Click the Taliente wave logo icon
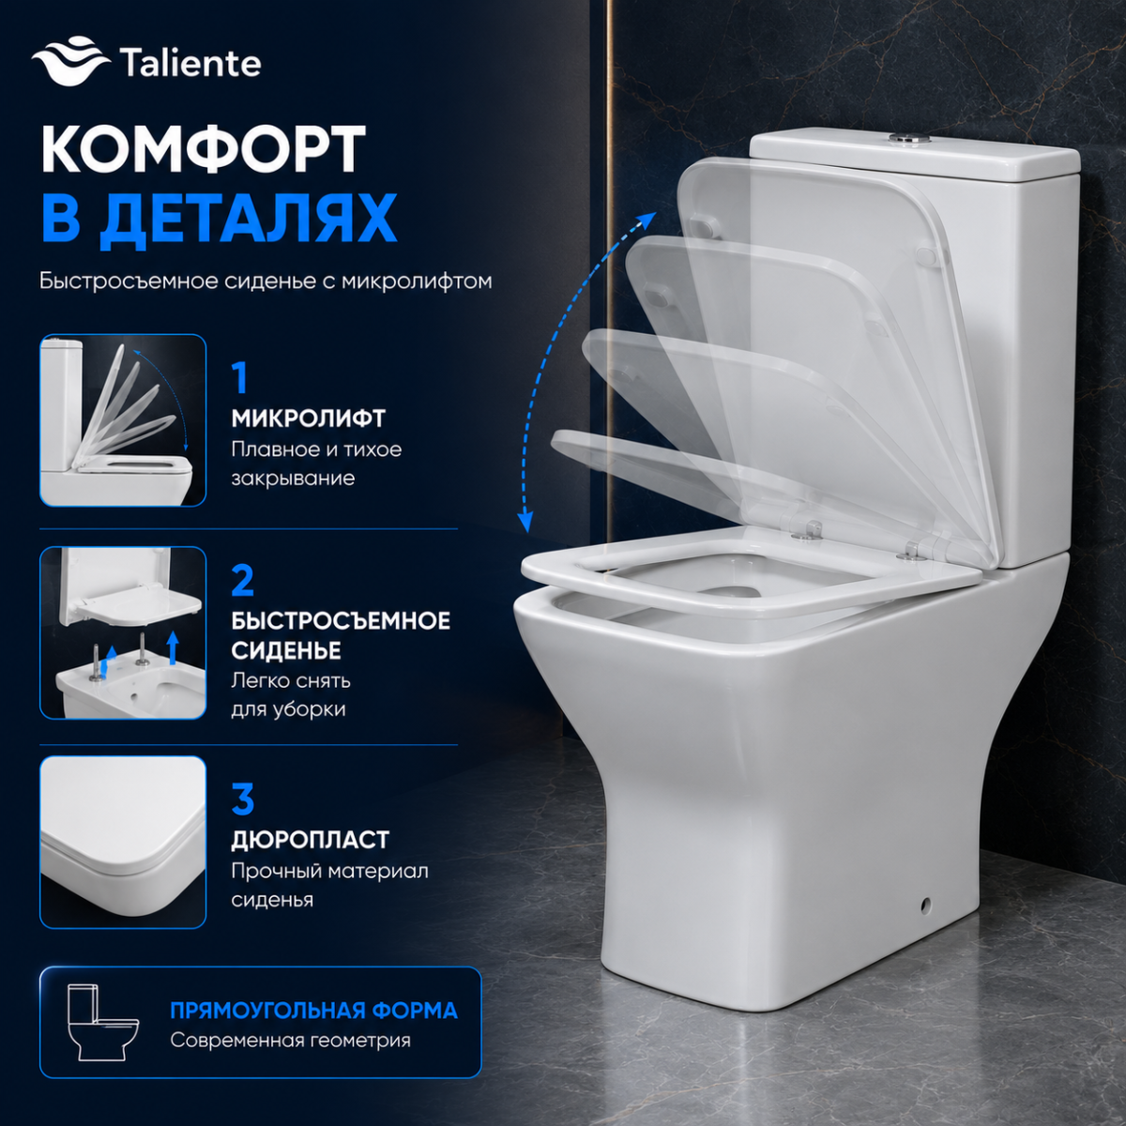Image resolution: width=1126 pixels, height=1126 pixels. [x=70, y=63]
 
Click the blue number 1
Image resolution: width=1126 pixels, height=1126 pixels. [x=240, y=379]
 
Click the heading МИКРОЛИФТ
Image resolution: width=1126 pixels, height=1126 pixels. [x=309, y=418]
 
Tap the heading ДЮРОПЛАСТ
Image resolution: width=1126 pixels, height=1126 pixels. [x=311, y=840]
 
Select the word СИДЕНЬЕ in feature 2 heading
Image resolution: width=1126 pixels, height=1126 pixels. [x=286, y=649]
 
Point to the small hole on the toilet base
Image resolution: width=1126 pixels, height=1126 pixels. [x=925, y=905]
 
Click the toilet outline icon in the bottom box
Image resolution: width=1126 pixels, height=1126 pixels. [x=103, y=1023]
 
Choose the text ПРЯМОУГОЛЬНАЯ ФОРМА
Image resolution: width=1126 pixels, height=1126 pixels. [x=314, y=1011]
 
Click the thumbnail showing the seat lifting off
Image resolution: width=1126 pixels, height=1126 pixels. [x=123, y=632]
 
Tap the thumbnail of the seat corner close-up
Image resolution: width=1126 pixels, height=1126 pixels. [x=123, y=842]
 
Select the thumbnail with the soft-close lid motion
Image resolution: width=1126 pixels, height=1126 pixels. [x=123, y=420]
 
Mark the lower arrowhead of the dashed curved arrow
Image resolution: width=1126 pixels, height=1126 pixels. [x=526, y=521]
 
